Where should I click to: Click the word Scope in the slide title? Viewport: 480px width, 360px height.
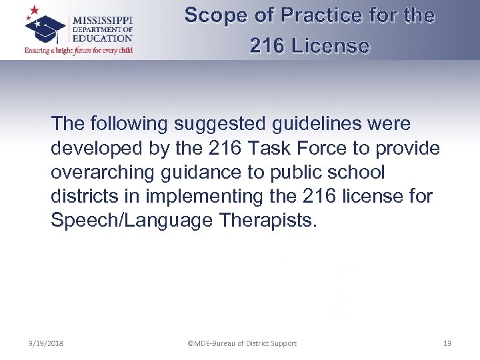[212, 15]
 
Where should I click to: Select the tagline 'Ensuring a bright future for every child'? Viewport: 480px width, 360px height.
[79, 50]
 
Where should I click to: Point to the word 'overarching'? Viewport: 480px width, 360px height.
[101, 173]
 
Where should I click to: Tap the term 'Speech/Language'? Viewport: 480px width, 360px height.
[131, 221]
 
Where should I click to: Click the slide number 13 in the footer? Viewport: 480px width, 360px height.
[447, 343]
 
